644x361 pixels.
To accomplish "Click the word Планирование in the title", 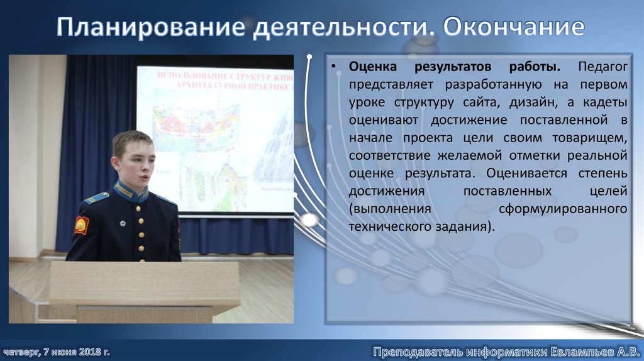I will point(150,28).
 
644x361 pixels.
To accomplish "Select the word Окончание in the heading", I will point(514,28).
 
